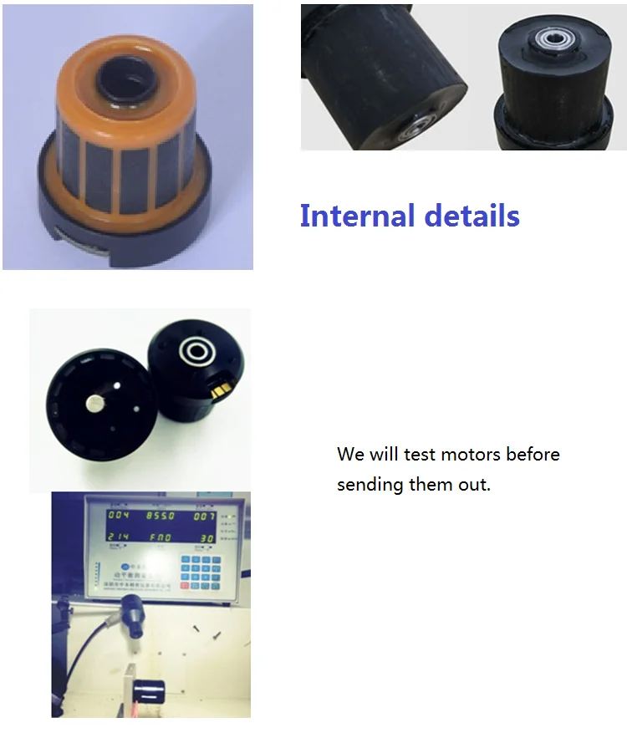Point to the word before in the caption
[x=533, y=455]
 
